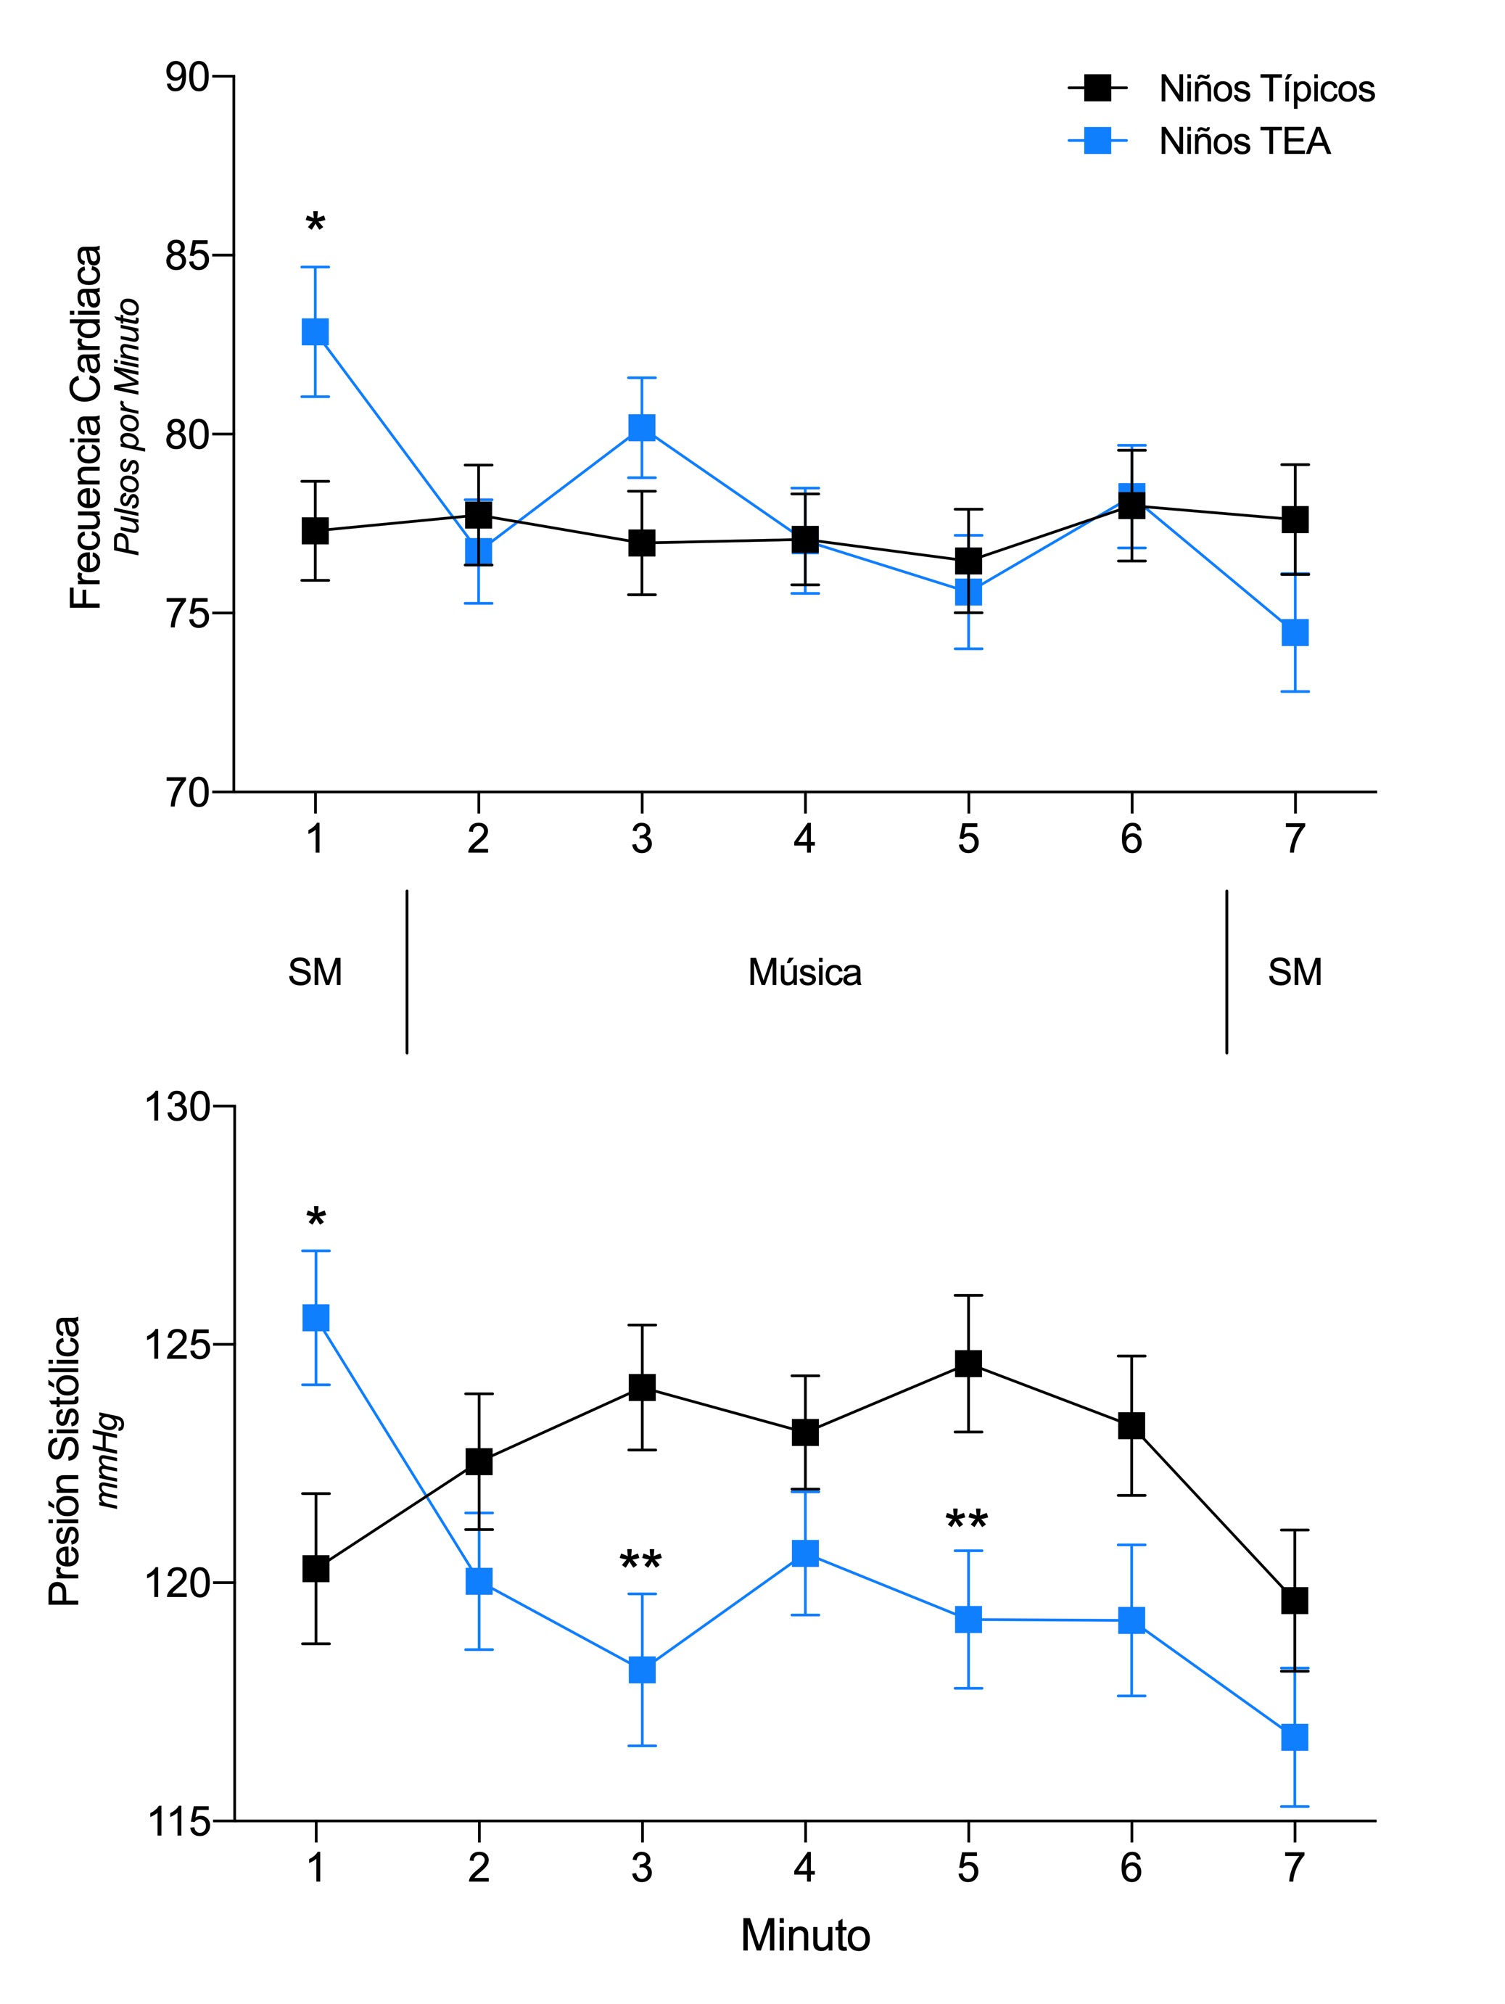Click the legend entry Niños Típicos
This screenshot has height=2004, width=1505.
[1266, 88]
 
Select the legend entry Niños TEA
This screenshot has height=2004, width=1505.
[1244, 141]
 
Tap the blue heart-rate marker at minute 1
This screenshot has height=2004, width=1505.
[316, 331]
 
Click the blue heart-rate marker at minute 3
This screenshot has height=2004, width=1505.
[641, 428]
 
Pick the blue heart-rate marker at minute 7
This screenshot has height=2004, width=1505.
[1295, 632]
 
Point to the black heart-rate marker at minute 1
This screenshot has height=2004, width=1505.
[316, 530]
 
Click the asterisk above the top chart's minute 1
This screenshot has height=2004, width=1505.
[316, 222]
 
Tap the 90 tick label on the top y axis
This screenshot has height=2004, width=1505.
[186, 77]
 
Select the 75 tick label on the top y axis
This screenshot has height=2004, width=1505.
[186, 614]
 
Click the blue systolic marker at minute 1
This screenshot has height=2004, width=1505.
[316, 1317]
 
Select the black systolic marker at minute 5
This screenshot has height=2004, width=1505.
[968, 1364]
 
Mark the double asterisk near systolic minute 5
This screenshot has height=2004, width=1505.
[967, 1520]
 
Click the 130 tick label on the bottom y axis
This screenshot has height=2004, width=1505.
[177, 1106]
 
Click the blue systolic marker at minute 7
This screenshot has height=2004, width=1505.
[1295, 1738]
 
